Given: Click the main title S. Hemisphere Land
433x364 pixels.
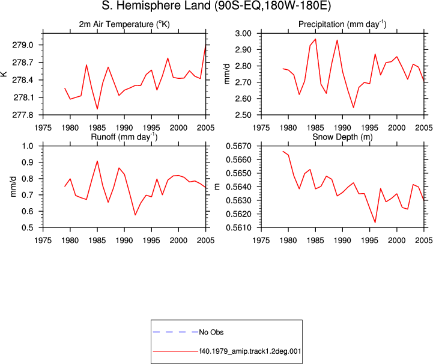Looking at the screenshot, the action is [x=156, y=5].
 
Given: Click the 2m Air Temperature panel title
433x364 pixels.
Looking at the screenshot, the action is [x=124, y=24].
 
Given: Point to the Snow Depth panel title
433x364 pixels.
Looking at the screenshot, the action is [x=342, y=137].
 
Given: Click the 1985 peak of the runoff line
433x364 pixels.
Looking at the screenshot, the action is [x=97, y=161].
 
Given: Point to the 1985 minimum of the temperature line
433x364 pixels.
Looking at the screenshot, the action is [x=97, y=109].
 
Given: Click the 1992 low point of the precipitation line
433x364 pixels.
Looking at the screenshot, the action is [x=353, y=107].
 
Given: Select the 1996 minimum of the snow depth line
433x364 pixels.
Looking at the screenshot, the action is [x=375, y=223].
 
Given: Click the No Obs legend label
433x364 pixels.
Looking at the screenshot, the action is [x=211, y=332].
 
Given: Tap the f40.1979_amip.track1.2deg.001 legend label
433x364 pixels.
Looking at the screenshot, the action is [x=250, y=351].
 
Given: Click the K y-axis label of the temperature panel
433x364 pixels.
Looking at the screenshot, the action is [x=4, y=74].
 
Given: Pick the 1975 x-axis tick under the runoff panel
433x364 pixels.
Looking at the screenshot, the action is [x=43, y=241].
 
